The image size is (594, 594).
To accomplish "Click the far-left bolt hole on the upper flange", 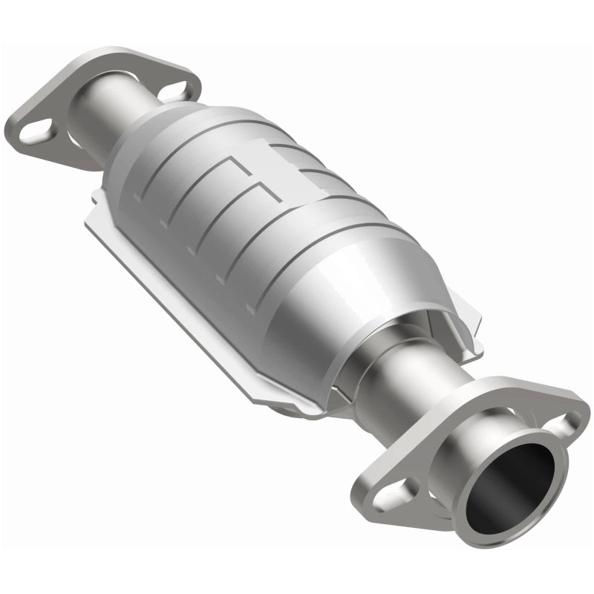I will click(36, 134).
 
